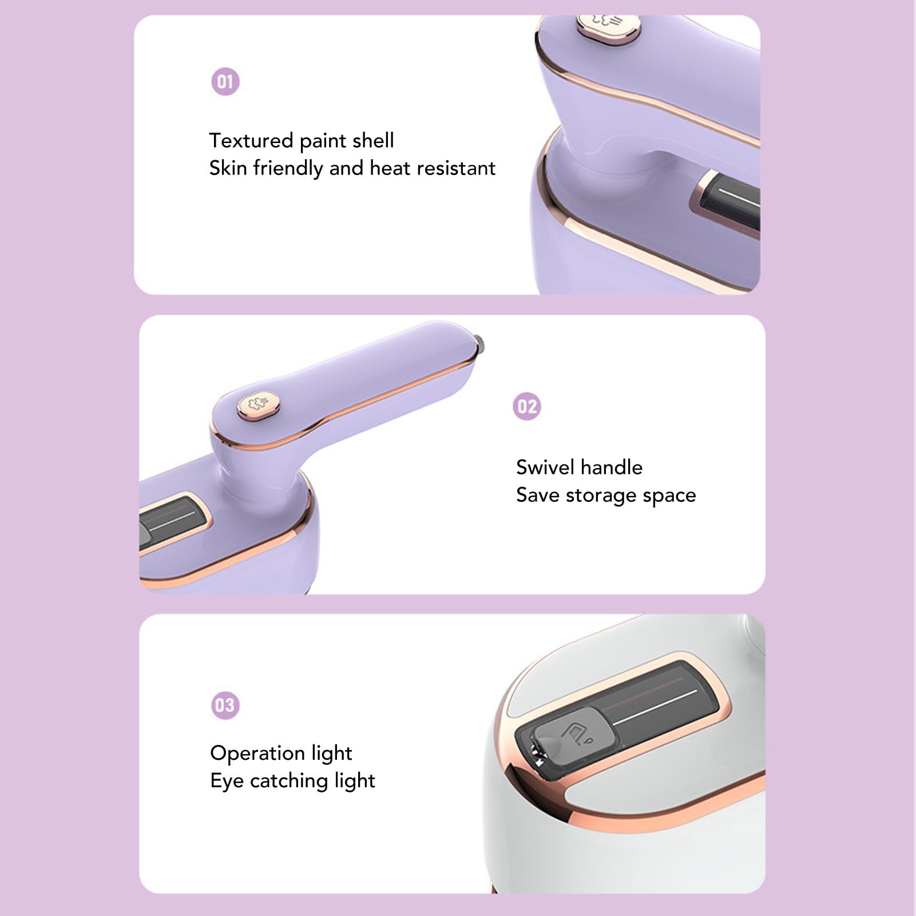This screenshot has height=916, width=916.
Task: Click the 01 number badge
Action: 225,82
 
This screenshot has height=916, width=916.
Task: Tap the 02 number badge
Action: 526,407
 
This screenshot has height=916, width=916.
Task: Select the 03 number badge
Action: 225,705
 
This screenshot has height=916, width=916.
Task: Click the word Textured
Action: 251,141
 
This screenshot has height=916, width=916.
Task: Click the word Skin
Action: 228,168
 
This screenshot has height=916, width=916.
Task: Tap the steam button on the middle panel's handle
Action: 259,405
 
